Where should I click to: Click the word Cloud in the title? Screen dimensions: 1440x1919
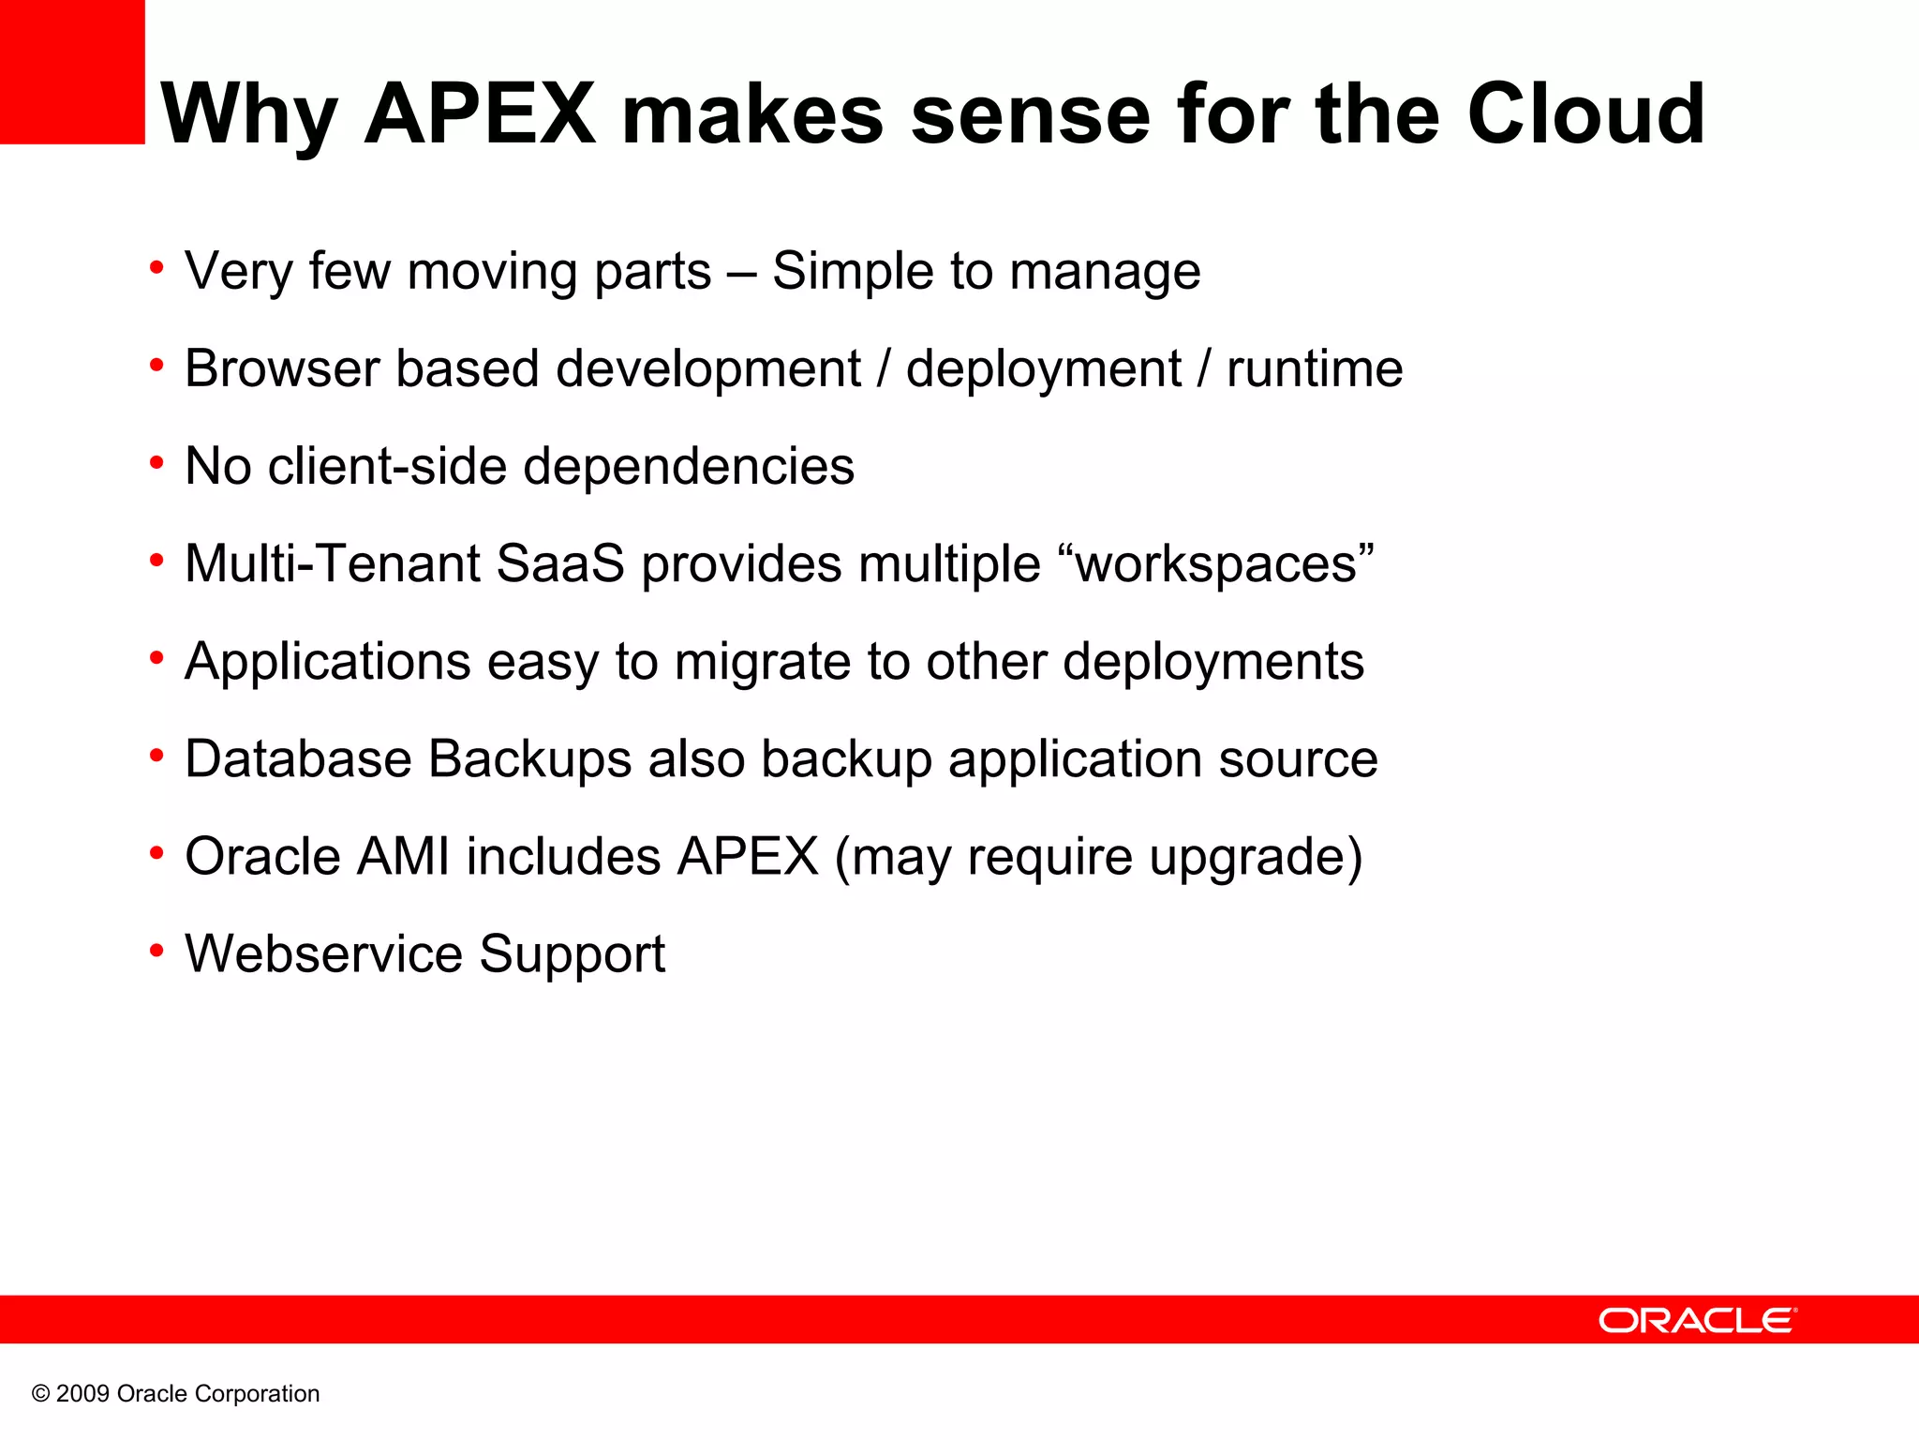(1585, 114)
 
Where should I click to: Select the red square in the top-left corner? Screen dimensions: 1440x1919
(72, 72)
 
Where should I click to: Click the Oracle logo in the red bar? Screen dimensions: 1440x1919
(1697, 1320)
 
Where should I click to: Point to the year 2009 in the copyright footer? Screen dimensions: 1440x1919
(82, 1394)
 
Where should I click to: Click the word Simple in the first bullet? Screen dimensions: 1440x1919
(852, 272)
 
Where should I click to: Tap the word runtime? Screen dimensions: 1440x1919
(1315, 368)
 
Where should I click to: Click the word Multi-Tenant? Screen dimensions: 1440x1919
(332, 563)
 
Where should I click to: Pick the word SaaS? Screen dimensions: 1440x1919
(559, 563)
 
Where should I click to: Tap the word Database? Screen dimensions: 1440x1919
(298, 758)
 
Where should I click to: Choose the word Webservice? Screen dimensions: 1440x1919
(323, 953)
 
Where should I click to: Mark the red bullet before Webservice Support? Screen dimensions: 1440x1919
(156, 952)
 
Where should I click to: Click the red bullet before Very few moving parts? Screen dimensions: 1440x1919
(156, 269)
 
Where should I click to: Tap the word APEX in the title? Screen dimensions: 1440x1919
(480, 114)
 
